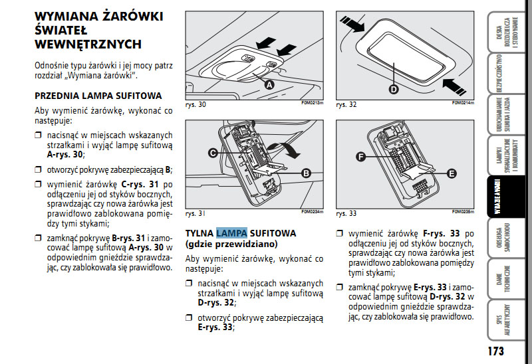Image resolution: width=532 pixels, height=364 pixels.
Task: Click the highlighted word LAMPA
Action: click(231, 232)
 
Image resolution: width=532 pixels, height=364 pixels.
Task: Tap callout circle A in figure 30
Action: click(270, 85)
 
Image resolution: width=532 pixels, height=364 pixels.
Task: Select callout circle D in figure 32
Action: click(393, 88)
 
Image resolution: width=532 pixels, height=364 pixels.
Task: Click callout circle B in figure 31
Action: click(307, 173)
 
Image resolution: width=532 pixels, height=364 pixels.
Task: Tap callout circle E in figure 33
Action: click(451, 173)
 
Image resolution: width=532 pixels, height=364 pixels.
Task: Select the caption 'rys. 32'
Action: click(346, 106)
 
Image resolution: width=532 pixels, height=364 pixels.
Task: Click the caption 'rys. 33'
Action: click(346, 214)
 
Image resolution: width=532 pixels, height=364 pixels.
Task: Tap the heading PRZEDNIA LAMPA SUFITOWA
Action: click(98, 96)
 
